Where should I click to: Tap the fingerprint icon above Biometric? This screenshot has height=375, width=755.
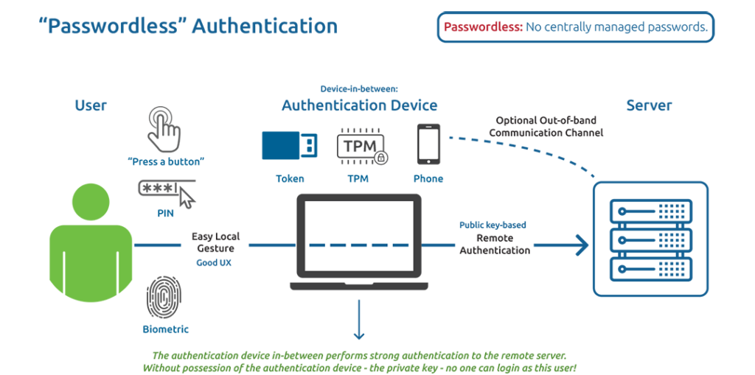point(162,298)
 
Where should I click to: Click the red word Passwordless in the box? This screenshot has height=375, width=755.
point(483,27)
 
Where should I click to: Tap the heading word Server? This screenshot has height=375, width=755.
point(649,105)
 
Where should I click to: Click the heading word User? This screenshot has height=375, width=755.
point(91,105)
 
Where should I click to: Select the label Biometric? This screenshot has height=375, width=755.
point(166,329)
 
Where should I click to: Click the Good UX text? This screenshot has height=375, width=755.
point(214,262)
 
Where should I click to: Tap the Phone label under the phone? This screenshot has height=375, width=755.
point(428,178)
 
